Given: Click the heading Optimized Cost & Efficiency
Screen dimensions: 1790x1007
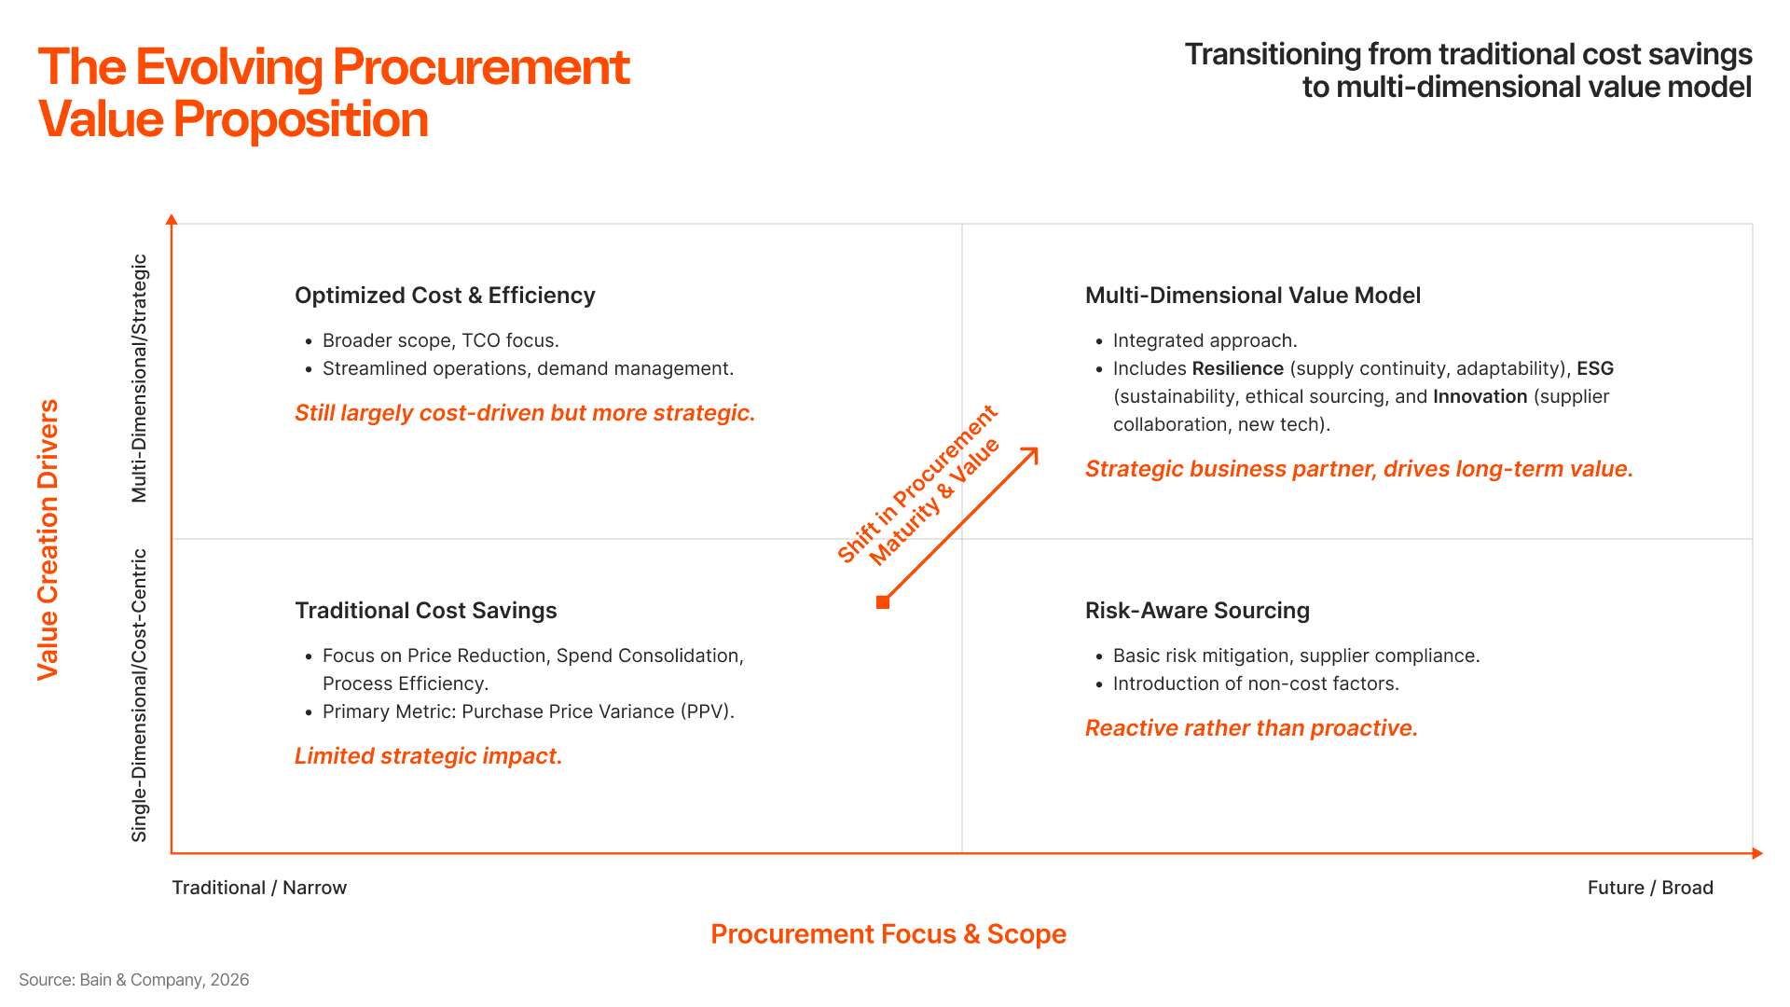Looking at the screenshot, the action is coord(445,296).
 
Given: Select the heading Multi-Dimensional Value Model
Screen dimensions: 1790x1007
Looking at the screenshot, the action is coord(1252,296).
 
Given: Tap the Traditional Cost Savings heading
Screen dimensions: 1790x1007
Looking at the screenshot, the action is coord(426,611).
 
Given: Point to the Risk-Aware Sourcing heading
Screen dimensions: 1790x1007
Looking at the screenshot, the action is coord(1197,611).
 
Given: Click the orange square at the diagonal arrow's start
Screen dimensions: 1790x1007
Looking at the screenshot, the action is coord(883,602).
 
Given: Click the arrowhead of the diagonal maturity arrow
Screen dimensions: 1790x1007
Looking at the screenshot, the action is coord(1032,453).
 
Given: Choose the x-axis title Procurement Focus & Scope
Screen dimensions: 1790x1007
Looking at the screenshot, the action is coord(888,934).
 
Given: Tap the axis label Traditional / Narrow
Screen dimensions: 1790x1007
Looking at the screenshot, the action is coord(259,888).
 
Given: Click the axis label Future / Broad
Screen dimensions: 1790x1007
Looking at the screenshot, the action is coord(1650,888).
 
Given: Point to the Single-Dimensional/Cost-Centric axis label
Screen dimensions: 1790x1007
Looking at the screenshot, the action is coord(140,696).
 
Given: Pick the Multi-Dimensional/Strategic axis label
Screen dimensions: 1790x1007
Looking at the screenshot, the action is coord(140,379).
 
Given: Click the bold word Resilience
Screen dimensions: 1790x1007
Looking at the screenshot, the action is coord(1237,369).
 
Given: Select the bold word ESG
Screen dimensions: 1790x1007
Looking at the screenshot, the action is coord(1595,369).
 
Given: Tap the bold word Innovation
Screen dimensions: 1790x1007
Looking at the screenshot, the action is coord(1480,397).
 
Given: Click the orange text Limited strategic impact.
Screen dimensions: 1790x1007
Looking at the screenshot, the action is coord(428,756).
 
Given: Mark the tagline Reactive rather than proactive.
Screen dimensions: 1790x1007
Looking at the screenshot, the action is coord(1251,728).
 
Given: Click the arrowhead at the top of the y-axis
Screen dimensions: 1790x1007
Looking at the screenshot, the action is coord(172,220).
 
